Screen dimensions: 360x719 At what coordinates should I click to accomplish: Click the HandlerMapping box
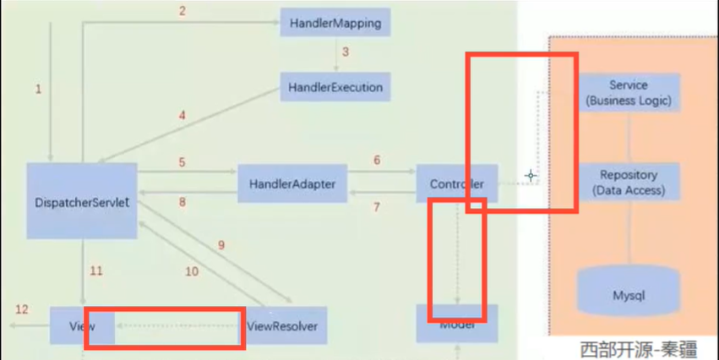point(335,24)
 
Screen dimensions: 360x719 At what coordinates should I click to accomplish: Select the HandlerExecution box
point(335,87)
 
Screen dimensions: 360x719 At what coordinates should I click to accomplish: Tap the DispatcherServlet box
point(82,201)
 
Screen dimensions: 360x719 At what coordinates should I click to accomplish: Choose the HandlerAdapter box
point(292,183)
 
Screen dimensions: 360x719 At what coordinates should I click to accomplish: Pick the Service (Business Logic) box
point(629,93)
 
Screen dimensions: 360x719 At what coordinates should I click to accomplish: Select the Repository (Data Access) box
point(629,183)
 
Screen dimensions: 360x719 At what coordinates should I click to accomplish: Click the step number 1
point(38,89)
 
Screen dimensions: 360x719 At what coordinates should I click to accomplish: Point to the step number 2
point(182,11)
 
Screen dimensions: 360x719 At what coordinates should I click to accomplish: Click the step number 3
point(345,52)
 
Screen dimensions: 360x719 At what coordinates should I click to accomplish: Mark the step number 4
point(182,114)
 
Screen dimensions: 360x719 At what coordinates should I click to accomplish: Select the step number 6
point(377,161)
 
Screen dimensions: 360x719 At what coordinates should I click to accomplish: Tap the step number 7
point(377,207)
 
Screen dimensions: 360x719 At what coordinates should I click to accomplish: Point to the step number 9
point(221,245)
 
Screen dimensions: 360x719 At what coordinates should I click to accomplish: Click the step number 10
point(192,271)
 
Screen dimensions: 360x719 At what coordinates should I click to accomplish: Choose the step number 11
point(96,270)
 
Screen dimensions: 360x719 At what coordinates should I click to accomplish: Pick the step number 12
point(21,309)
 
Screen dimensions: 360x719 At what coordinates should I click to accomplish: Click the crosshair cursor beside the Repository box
point(531,176)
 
